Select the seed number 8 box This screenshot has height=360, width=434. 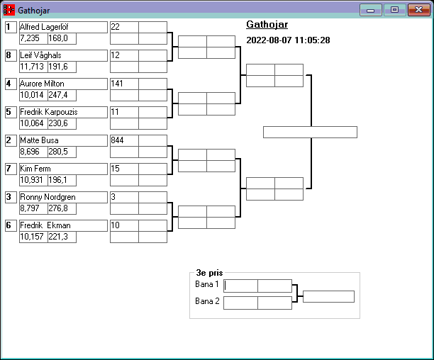(10, 55)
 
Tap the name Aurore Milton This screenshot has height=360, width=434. (42, 84)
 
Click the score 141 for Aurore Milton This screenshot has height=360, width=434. (117, 84)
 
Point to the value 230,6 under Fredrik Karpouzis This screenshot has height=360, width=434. (58, 123)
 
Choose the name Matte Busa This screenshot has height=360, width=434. (39, 140)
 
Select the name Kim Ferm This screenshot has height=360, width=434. (36, 169)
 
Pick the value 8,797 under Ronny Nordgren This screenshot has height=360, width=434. (31, 208)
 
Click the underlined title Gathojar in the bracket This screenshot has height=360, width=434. (267, 25)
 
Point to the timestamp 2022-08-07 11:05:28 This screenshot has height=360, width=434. (288, 40)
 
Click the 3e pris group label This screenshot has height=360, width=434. (209, 272)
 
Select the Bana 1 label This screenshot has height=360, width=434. (208, 284)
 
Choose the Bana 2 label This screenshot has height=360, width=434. (208, 301)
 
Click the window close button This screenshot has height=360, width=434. (418, 10)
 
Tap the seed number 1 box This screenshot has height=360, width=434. (10, 27)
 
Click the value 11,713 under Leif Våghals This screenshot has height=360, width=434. (33, 67)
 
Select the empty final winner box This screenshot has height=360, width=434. (310, 132)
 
